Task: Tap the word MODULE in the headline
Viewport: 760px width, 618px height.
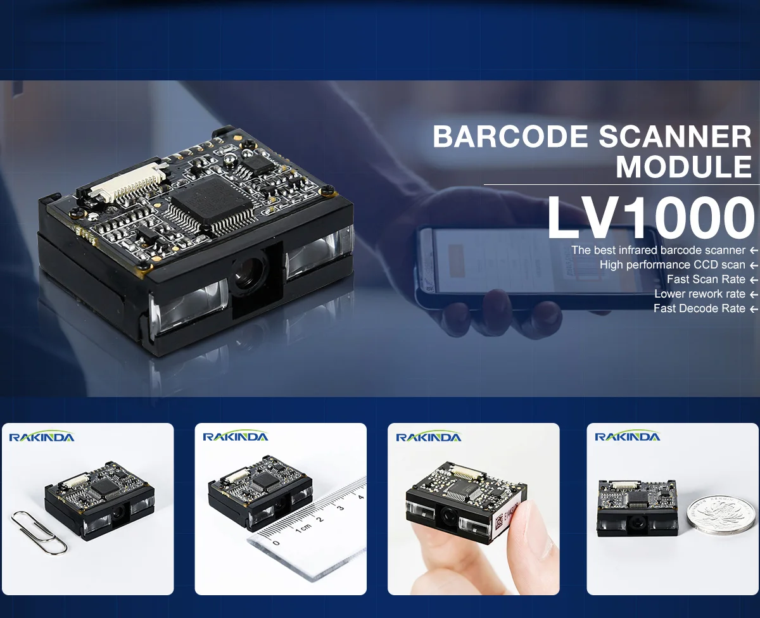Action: [683, 167]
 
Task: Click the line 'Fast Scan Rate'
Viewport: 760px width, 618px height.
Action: [706, 279]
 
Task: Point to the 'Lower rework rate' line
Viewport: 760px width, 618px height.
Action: [700, 294]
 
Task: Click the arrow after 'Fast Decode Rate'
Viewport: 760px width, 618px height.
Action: [753, 309]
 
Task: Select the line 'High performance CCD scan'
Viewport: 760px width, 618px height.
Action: [672, 265]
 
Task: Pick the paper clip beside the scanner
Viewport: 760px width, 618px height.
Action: [39, 531]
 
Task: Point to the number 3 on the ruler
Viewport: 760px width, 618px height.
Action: [340, 508]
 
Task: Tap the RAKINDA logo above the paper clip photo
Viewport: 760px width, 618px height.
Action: [41, 437]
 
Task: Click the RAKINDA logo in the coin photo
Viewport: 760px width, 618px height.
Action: [627, 436]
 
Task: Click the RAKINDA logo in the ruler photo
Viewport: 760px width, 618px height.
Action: [235, 436]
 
